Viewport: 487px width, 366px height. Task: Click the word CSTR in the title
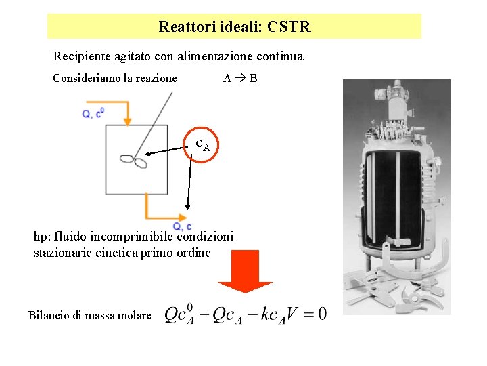(289, 26)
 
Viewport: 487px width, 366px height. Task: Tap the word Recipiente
(82, 57)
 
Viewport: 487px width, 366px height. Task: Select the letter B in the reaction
(253, 78)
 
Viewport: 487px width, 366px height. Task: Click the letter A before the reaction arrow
(227, 78)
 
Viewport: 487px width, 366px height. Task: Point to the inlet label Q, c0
(93, 113)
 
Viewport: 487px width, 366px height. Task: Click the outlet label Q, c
(182, 226)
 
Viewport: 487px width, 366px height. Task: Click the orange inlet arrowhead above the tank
(127, 121)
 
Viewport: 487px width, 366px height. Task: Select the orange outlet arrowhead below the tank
(183, 218)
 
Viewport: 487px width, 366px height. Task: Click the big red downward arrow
(245, 271)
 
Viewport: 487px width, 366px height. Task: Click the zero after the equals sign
(323, 314)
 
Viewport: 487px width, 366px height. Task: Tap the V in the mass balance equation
(292, 314)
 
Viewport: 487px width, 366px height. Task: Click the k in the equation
(265, 314)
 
